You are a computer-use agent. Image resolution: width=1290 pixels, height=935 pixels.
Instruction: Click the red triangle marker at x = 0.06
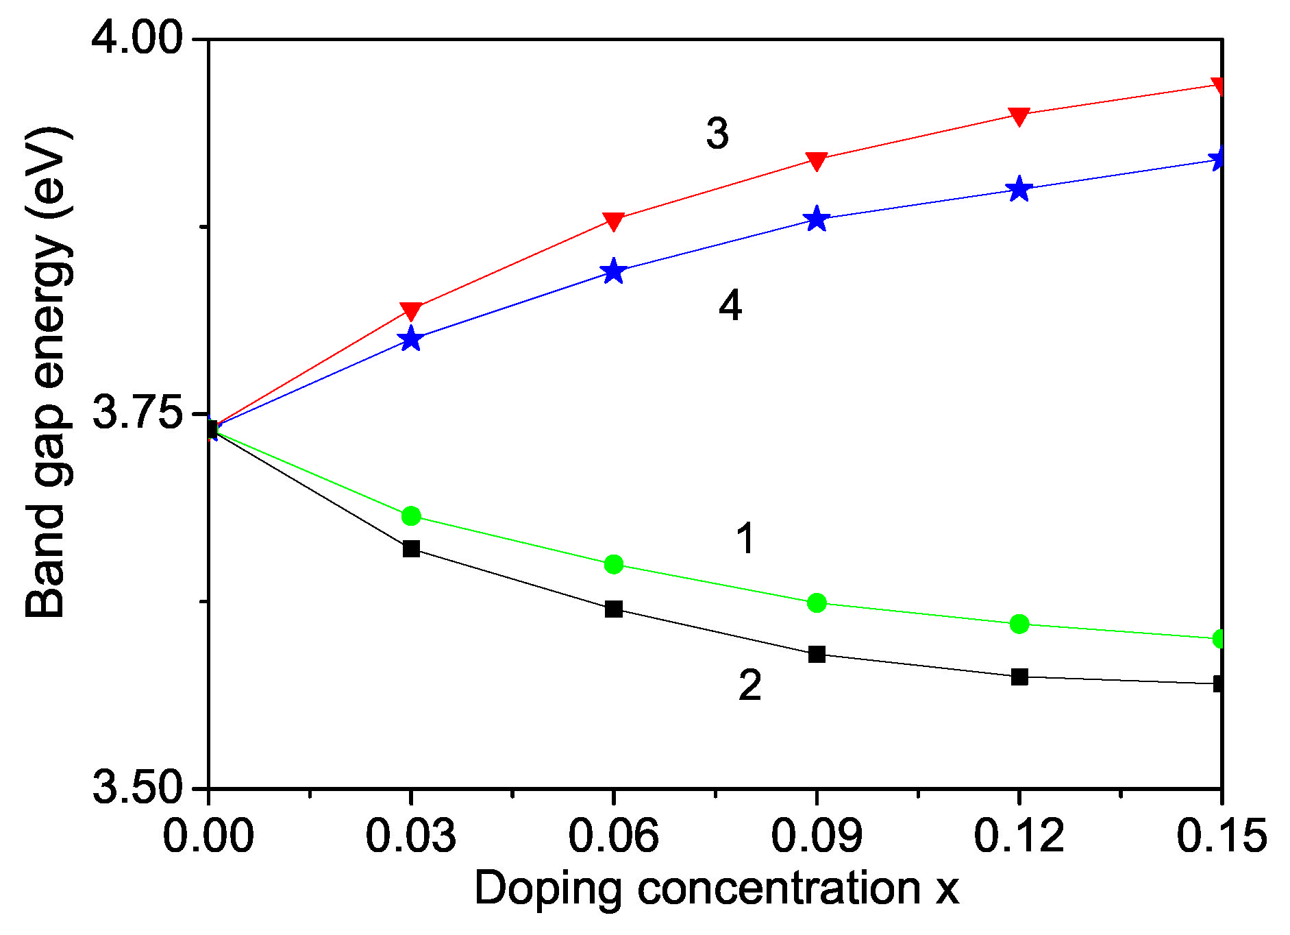614,221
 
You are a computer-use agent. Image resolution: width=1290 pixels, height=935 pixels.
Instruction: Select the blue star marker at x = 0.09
817,219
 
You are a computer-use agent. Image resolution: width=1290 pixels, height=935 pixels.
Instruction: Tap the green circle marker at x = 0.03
411,515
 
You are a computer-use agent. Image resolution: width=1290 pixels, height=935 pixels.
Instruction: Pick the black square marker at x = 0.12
1019,677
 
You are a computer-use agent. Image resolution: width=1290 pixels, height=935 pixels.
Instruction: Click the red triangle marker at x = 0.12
1019,116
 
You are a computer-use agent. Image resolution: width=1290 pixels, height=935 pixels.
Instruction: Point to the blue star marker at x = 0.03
411,339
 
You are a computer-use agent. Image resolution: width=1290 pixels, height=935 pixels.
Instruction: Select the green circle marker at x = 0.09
817,603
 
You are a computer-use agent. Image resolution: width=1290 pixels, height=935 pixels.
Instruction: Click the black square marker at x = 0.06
614,609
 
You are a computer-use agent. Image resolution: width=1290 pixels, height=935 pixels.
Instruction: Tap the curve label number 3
717,133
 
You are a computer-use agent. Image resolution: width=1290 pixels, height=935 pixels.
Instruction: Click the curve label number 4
730,305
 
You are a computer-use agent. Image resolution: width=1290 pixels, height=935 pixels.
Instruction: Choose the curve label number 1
746,538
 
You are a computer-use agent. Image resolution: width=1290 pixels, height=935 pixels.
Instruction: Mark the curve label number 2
749,685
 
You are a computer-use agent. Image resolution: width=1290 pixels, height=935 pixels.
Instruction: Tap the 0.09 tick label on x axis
816,836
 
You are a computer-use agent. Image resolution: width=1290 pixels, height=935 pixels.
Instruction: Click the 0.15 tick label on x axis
1221,836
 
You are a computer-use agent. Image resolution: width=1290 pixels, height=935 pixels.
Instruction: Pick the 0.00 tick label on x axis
208,836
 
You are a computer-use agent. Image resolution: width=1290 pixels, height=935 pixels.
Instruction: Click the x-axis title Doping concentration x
716,888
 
